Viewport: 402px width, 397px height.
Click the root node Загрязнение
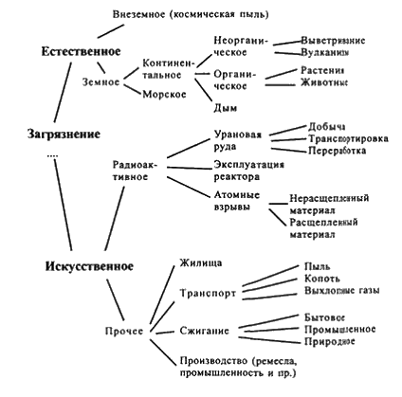point(64,135)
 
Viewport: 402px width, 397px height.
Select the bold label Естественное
point(81,51)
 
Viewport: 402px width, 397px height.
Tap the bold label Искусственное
point(89,266)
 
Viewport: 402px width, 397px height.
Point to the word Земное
point(101,82)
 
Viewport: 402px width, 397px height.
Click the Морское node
point(164,94)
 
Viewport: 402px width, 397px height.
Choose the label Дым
point(226,108)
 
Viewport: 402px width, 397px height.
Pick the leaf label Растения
point(322,70)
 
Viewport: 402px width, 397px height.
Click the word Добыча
point(326,127)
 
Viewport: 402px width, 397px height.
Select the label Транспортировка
point(348,138)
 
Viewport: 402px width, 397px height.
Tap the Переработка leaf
point(338,151)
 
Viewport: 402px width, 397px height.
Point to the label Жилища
point(201,263)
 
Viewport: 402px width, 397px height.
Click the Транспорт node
point(208,294)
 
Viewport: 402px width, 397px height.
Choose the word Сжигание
point(205,331)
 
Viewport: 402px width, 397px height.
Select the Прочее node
point(124,331)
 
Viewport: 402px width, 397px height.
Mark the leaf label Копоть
point(322,279)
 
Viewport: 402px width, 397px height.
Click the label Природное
point(330,341)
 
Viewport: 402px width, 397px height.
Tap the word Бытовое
point(324,317)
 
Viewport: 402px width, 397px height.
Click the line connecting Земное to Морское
point(132,89)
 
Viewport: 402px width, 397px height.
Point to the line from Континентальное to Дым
point(203,90)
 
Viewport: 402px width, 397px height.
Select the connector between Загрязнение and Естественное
point(63,92)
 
